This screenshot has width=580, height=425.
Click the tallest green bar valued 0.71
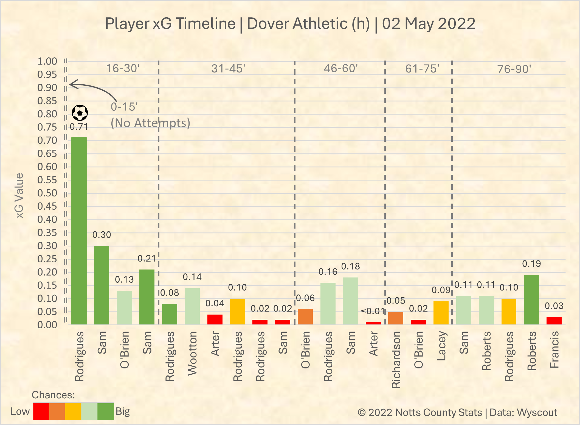coord(79,231)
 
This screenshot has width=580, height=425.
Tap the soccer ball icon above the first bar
coord(80,113)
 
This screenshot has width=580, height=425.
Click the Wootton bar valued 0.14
coord(192,306)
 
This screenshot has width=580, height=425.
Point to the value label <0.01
coord(373,311)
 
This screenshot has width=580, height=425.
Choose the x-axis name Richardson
coord(396,360)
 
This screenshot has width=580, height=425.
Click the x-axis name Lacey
coord(441,346)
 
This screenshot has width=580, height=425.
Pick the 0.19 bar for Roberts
coord(531,300)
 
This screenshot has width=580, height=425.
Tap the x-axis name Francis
coord(554,349)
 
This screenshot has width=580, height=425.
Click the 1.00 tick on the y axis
coord(47,61)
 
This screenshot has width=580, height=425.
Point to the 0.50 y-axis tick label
coord(47,193)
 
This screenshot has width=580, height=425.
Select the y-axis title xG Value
coord(19,196)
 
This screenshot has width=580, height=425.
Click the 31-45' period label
coord(228,68)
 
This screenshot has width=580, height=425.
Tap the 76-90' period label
coord(514,69)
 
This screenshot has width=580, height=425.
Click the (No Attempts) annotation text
coord(150,123)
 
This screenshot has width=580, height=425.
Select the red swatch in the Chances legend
coord(41,411)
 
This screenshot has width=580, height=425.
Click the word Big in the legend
coord(123,412)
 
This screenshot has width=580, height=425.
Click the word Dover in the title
coord(269,24)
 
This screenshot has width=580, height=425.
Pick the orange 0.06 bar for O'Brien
coord(305,317)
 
